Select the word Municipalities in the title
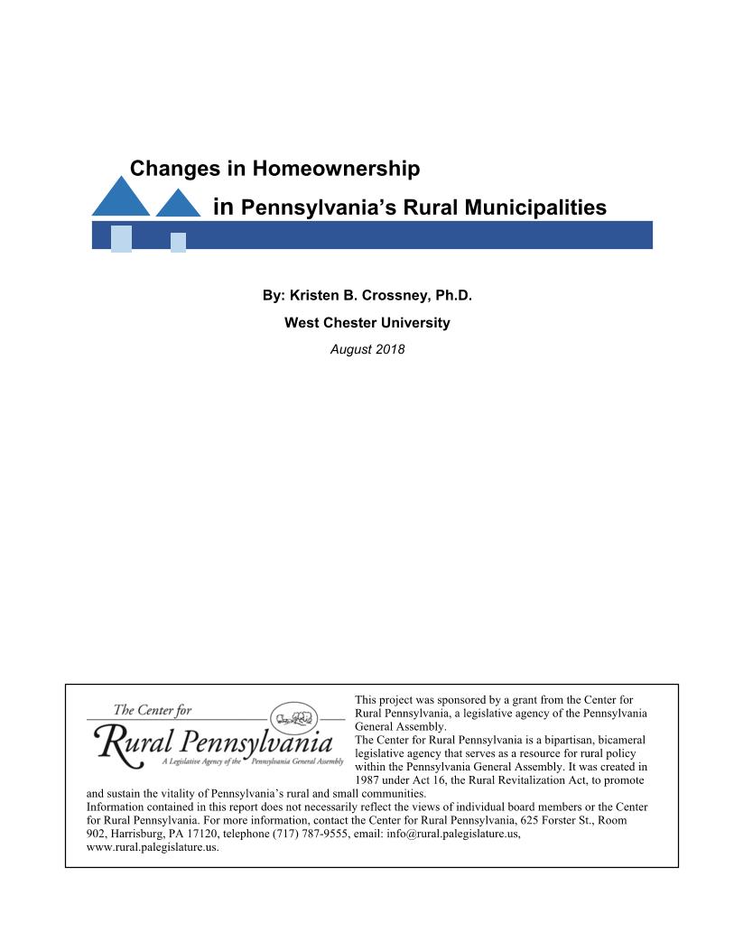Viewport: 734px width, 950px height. pos(540,208)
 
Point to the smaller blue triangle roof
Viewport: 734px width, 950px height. pos(179,205)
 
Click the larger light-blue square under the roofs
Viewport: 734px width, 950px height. pos(121,238)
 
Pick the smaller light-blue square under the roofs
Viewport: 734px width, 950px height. pos(178,242)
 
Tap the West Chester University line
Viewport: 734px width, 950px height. pos(367,322)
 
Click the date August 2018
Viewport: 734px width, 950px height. pos(367,349)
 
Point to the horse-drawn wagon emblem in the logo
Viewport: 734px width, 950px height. pos(295,719)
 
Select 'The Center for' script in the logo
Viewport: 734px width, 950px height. pos(153,710)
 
